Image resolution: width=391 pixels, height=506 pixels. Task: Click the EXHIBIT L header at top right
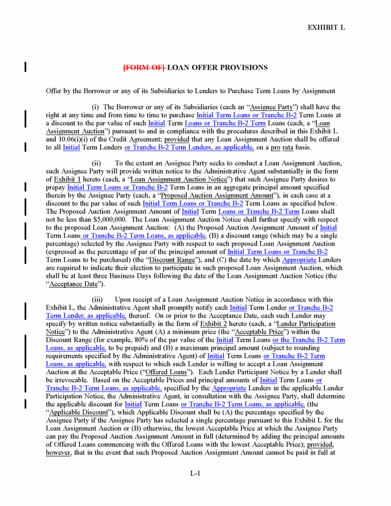[326, 27]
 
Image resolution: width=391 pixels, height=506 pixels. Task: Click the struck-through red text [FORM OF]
[144, 68]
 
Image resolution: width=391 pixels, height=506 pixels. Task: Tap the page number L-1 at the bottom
[195, 474]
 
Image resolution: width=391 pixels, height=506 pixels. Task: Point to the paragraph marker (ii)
[97, 163]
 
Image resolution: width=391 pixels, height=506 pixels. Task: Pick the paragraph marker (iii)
[98, 300]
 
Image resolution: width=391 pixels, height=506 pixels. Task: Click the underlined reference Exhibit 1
[59, 179]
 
